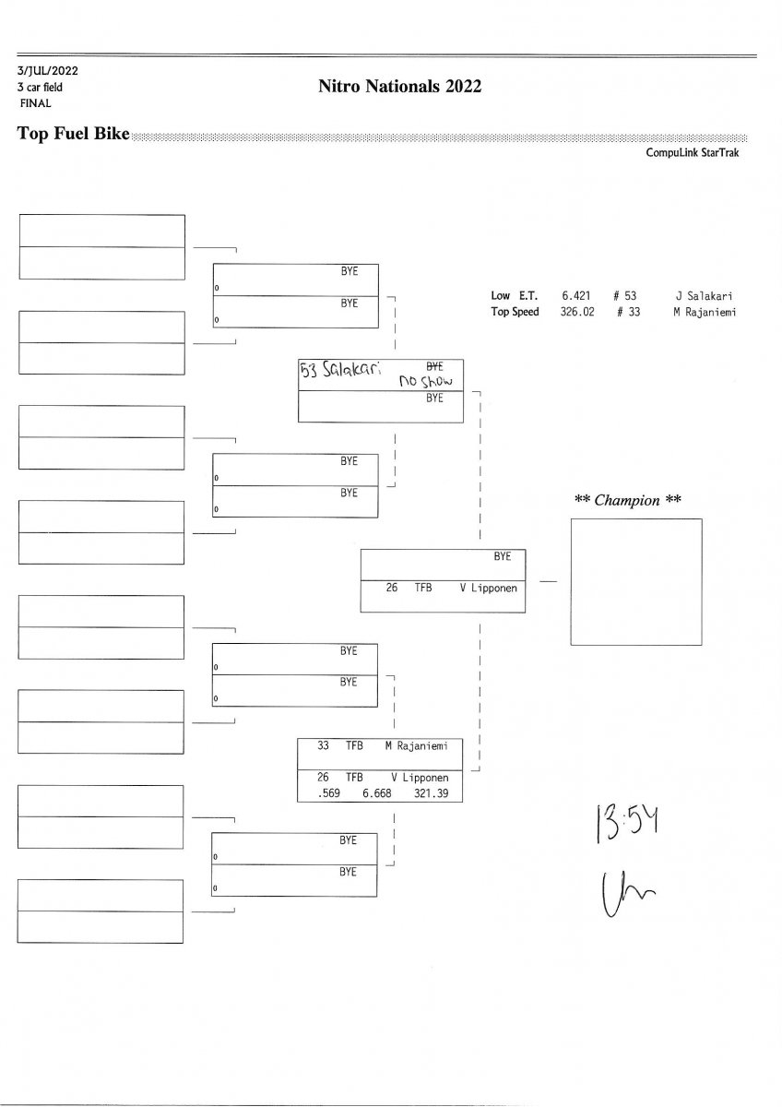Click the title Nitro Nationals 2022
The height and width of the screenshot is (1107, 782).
click(400, 87)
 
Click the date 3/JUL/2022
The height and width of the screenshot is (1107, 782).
click(46, 70)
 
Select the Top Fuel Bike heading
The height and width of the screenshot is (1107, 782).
click(74, 133)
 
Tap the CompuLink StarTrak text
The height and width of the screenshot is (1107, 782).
click(692, 153)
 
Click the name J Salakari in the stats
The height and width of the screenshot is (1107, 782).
click(704, 296)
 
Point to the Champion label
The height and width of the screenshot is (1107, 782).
click(628, 501)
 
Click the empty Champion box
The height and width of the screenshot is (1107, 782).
click(636, 581)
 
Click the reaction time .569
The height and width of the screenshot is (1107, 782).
click(328, 792)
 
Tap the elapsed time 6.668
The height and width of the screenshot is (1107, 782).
click(379, 792)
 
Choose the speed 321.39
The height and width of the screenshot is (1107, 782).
click(431, 792)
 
